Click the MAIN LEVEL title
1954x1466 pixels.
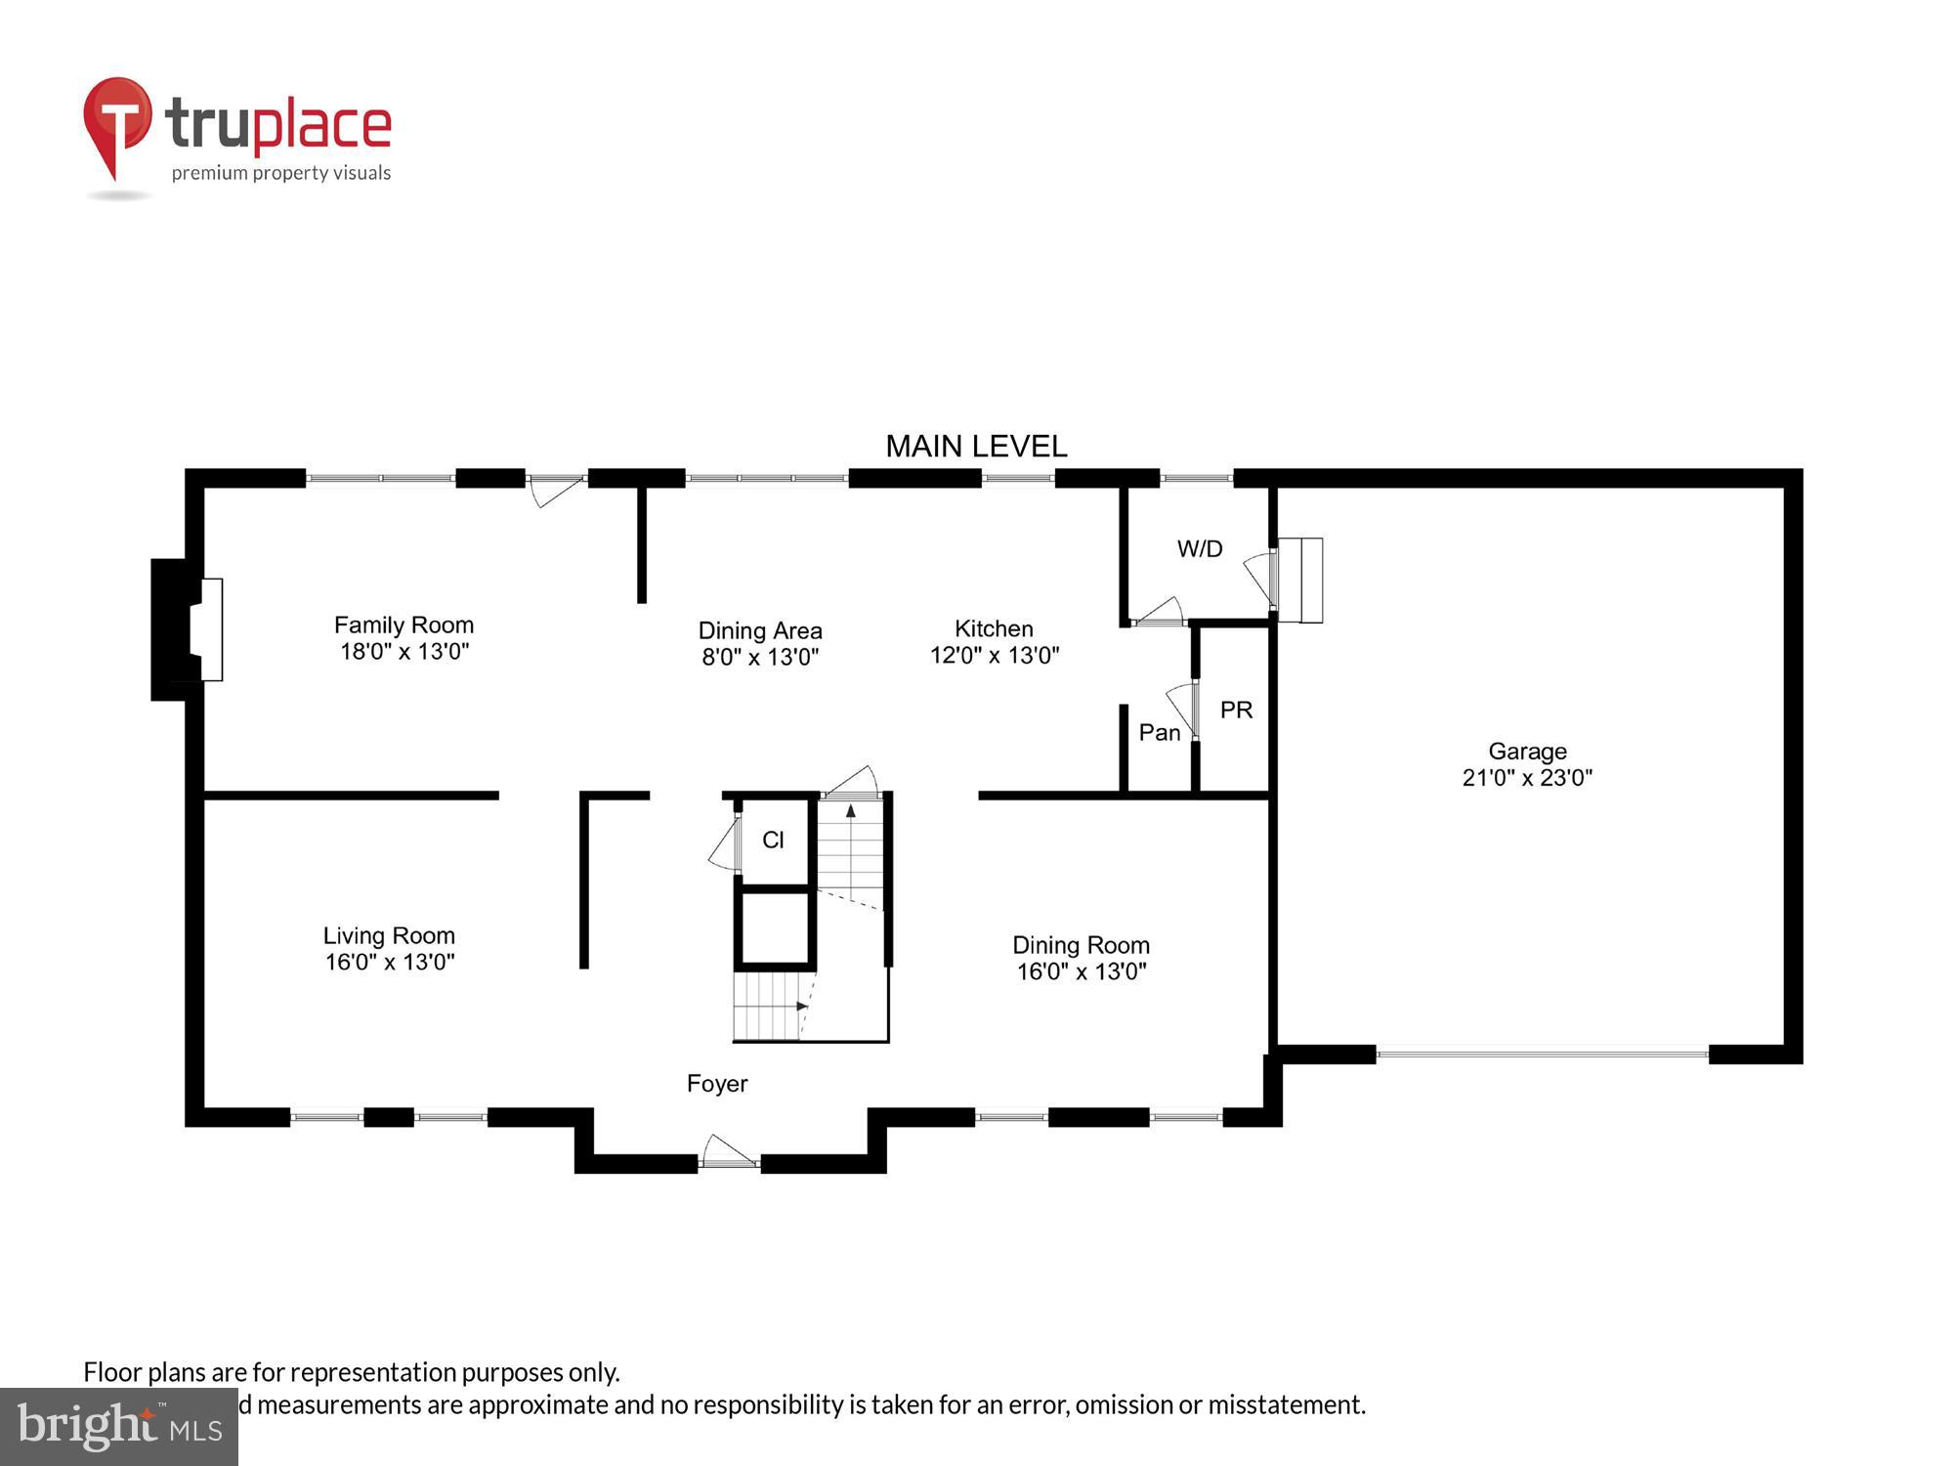tap(976, 447)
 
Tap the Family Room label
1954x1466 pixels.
tap(404, 625)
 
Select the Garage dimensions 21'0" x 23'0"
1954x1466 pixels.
tap(1527, 778)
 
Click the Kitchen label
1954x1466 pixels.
tap(994, 628)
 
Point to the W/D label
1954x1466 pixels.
tap(1200, 549)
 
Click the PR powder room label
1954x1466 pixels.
tap(1236, 711)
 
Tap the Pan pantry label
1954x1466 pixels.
tap(1160, 733)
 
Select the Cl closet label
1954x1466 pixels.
tap(773, 841)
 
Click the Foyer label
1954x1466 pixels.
tap(717, 1084)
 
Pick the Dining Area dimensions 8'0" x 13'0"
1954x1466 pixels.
tap(760, 657)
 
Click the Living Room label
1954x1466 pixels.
tap(389, 936)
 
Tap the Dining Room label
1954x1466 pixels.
tap(1081, 945)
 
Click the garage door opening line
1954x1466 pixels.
tap(1542, 1055)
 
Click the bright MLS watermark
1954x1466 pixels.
tap(119, 1427)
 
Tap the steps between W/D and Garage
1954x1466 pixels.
tap(1300, 580)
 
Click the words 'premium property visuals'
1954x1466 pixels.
tap(281, 174)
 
